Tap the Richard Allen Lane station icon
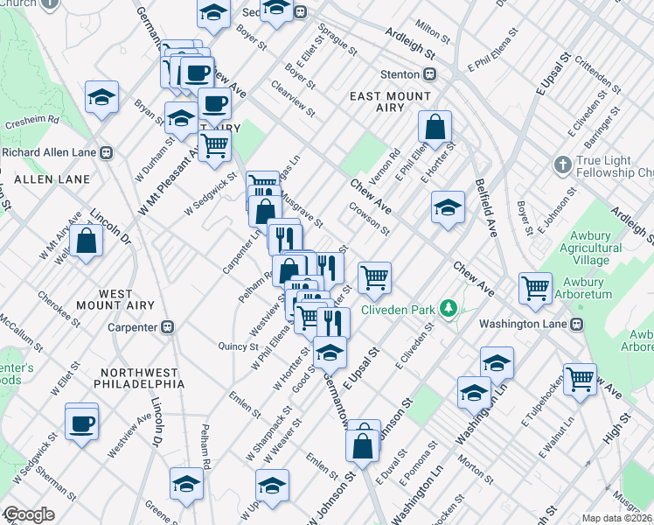click(x=107, y=151)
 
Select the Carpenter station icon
click(x=168, y=327)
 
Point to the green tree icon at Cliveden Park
click(x=449, y=308)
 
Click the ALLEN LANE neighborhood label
click(x=53, y=179)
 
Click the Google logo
click(x=28, y=514)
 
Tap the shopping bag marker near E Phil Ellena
click(x=434, y=128)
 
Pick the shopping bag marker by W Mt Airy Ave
click(x=86, y=241)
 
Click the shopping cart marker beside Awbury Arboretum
click(x=535, y=288)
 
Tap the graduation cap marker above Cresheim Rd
click(x=102, y=97)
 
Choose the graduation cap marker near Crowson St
click(x=448, y=208)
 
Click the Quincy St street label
click(x=238, y=346)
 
